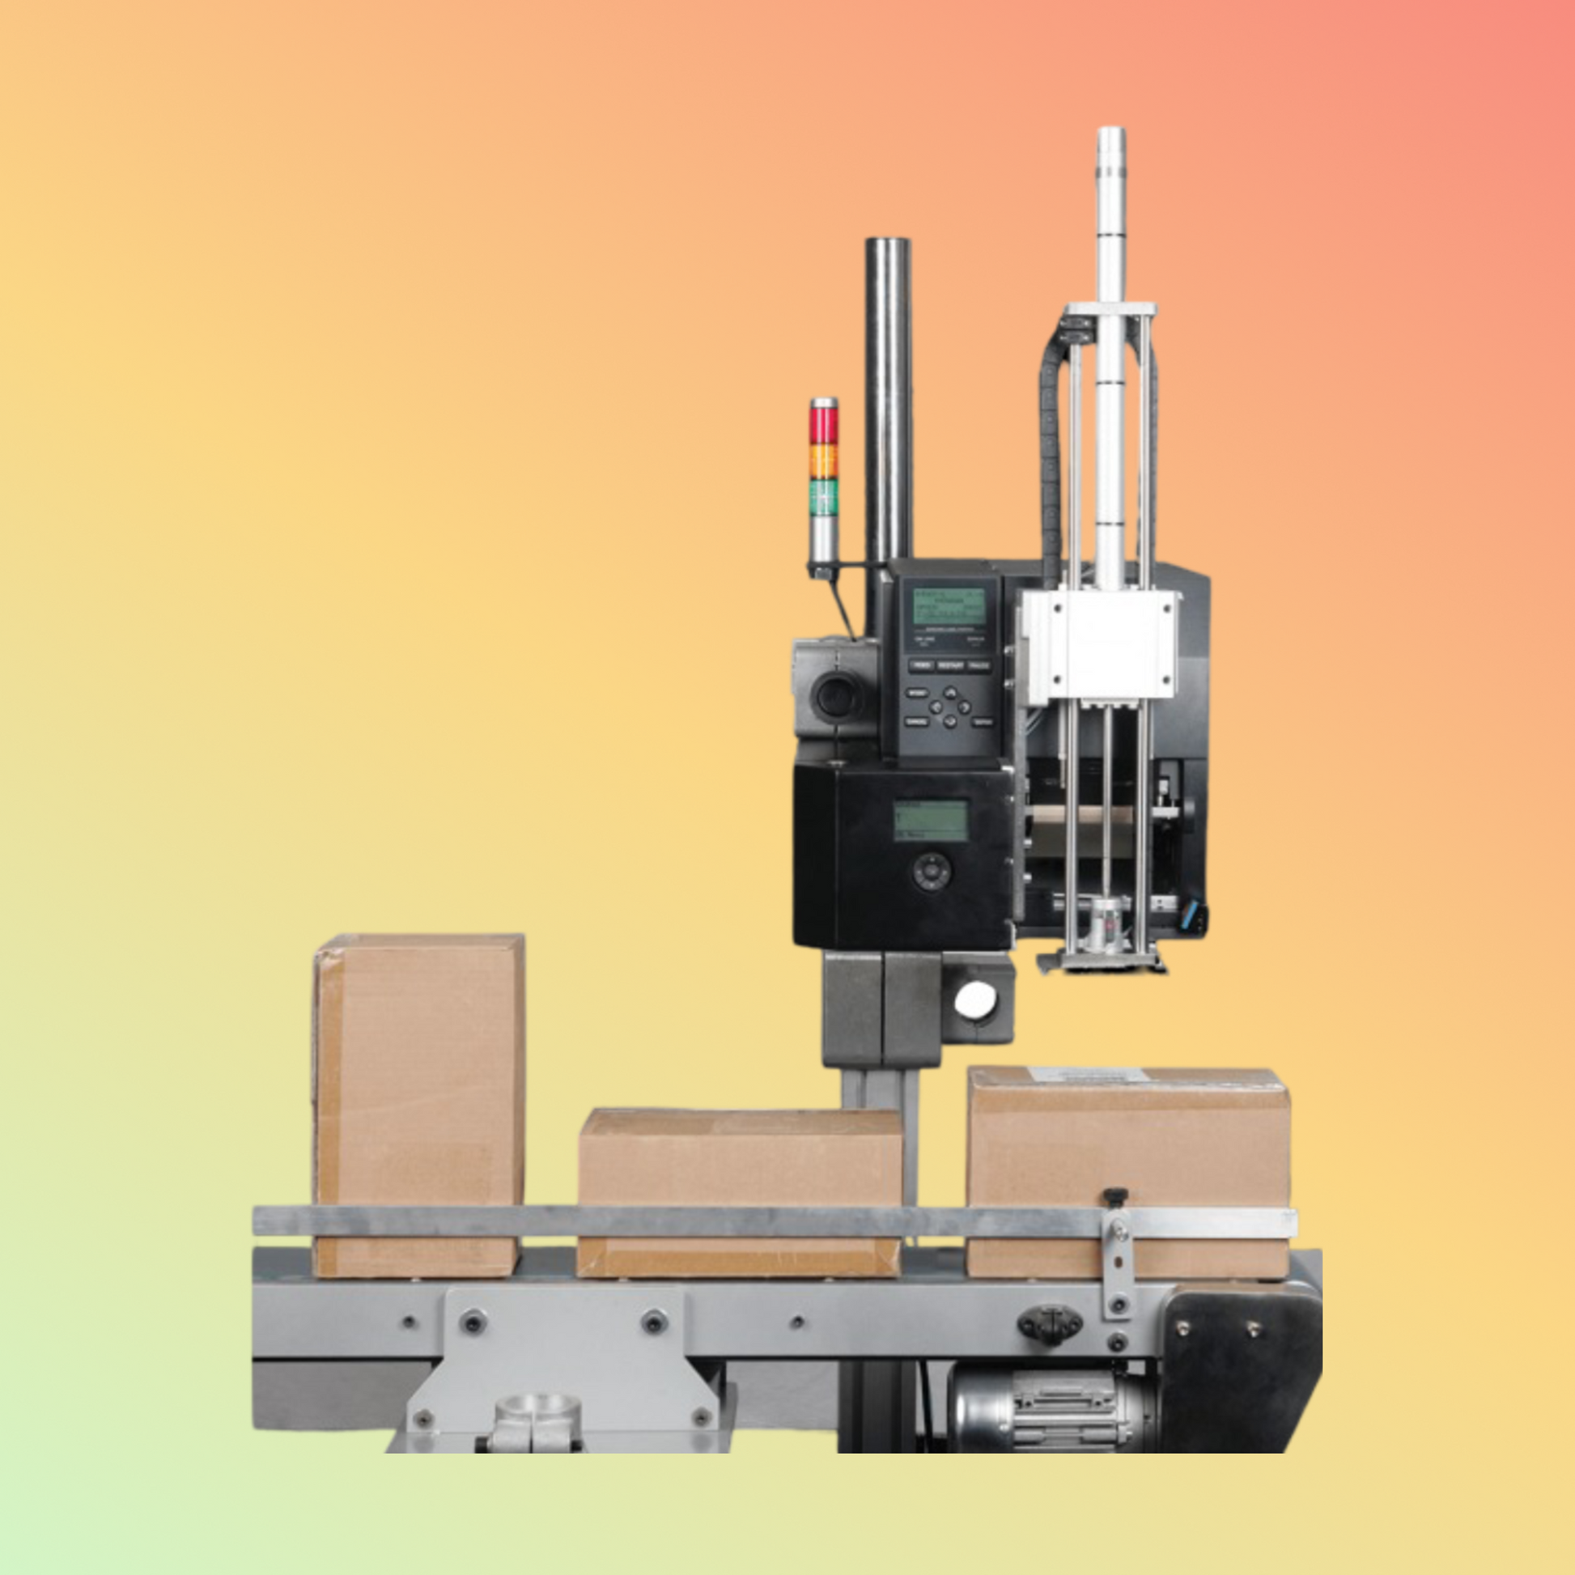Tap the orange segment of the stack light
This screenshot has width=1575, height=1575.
pyautogui.click(x=823, y=461)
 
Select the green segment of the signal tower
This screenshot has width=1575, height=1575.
pyautogui.click(x=823, y=496)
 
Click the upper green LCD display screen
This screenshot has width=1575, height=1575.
pyautogui.click(x=948, y=606)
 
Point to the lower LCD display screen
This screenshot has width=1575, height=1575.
pyautogui.click(x=930, y=819)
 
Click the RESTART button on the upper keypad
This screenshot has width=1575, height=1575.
pyautogui.click(x=950, y=666)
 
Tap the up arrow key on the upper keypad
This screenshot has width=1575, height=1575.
pyautogui.click(x=950, y=691)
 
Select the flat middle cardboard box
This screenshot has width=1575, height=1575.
pyautogui.click(x=741, y=1191)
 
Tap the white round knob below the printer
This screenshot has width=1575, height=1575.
pyautogui.click(x=975, y=1000)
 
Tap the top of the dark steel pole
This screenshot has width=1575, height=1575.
pyautogui.click(x=888, y=243)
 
